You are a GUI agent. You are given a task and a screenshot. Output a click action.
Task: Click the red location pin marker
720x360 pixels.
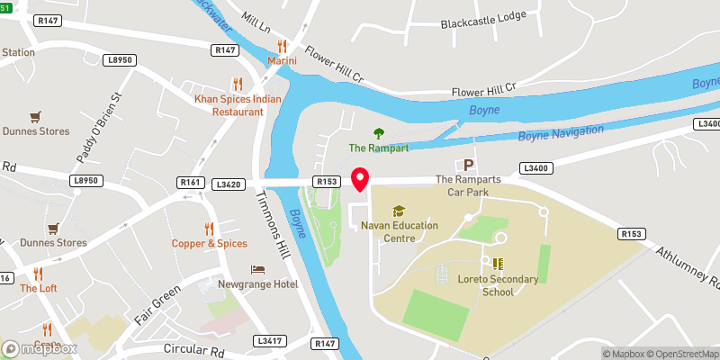pos(361,179)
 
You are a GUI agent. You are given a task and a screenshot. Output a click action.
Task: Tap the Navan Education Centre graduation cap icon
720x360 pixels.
pos(399,211)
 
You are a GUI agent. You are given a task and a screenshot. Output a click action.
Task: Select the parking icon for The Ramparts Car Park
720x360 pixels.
pos(467,166)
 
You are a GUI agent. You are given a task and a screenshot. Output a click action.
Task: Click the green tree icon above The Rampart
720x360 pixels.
pos(377,133)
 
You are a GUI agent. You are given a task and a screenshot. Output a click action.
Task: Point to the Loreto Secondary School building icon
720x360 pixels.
pos(498,265)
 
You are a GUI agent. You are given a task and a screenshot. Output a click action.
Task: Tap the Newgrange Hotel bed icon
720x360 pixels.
pos(258,270)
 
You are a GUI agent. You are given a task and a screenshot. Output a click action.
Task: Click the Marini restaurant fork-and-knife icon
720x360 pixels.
pos(282,46)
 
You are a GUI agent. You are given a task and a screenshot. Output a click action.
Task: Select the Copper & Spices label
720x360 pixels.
pos(210,244)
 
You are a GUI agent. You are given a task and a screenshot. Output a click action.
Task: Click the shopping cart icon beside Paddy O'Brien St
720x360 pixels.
pos(35,116)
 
